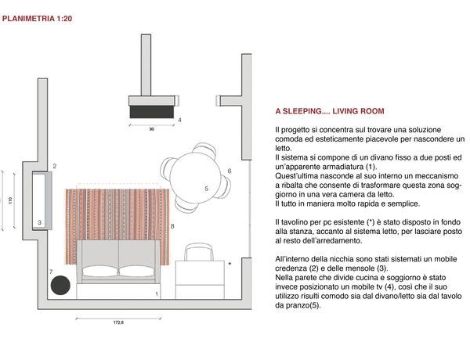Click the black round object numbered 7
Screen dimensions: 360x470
point(60,286)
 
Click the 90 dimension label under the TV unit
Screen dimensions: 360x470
point(151,127)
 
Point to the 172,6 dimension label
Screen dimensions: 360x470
point(119,322)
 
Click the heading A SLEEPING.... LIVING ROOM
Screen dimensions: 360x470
point(330,112)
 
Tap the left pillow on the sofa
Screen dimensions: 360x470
point(99,271)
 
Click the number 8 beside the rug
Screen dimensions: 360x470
point(172,226)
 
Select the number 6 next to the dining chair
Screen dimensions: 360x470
point(229,171)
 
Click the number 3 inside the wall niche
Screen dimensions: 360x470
point(40,222)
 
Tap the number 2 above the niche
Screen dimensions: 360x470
point(55,167)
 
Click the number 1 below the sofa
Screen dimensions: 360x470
point(157,293)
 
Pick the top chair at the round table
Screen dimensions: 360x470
point(204,149)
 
